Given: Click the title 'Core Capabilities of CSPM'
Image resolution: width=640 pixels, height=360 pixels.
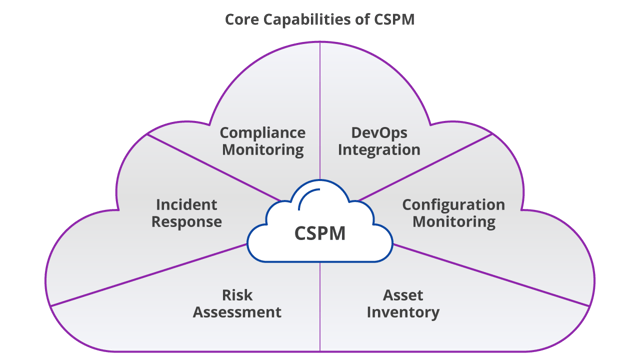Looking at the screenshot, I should [320, 19].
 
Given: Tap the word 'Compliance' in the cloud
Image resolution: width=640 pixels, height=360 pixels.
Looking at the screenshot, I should [262, 133].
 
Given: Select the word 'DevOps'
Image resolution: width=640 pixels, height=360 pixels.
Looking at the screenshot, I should [379, 133].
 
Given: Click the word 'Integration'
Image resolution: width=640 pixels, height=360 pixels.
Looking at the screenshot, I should [379, 150].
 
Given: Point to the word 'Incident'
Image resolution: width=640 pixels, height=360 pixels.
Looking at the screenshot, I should [186, 204].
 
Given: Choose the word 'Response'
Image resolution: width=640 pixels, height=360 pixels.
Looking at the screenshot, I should [186, 221].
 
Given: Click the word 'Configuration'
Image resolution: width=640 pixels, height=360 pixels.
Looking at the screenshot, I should [453, 204].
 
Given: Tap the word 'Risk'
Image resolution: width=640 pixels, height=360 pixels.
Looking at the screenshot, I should [237, 295].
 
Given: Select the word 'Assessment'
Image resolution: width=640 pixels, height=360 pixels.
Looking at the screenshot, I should [237, 312].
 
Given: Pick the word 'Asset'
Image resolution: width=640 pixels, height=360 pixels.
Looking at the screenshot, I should [403, 295].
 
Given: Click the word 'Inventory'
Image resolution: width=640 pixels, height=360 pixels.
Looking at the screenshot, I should [403, 312].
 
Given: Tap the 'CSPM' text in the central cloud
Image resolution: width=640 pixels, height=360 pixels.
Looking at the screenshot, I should [320, 234].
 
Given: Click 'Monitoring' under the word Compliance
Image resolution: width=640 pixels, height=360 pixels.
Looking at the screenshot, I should [262, 150].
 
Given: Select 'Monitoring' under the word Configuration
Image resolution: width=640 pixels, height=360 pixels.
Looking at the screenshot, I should [453, 221].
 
